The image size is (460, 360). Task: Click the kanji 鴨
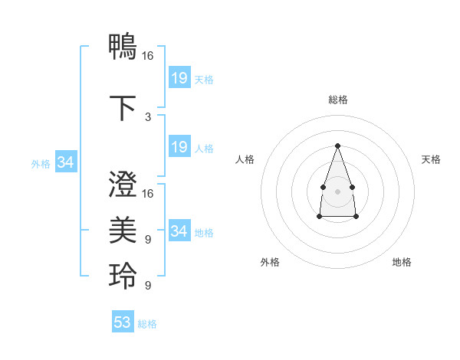[123, 46]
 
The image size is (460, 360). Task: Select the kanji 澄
[123, 185]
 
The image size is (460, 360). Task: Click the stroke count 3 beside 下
[148, 117]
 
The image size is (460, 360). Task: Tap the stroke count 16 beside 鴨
[148, 56]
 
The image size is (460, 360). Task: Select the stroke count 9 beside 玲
[148, 286]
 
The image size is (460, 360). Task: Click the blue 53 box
[123, 322]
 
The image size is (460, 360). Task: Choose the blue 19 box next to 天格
[179, 77]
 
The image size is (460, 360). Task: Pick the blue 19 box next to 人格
[179, 147]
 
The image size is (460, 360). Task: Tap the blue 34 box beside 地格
[179, 231]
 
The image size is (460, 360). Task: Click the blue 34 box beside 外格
[66, 162]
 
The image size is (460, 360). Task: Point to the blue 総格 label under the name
[147, 324]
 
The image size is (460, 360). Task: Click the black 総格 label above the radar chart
[337, 100]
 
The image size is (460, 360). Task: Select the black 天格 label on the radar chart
[431, 159]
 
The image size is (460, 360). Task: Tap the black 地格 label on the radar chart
[402, 262]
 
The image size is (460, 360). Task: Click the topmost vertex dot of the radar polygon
[337, 145]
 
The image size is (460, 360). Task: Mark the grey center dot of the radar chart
[337, 190]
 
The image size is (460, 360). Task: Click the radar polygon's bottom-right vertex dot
[356, 217]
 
